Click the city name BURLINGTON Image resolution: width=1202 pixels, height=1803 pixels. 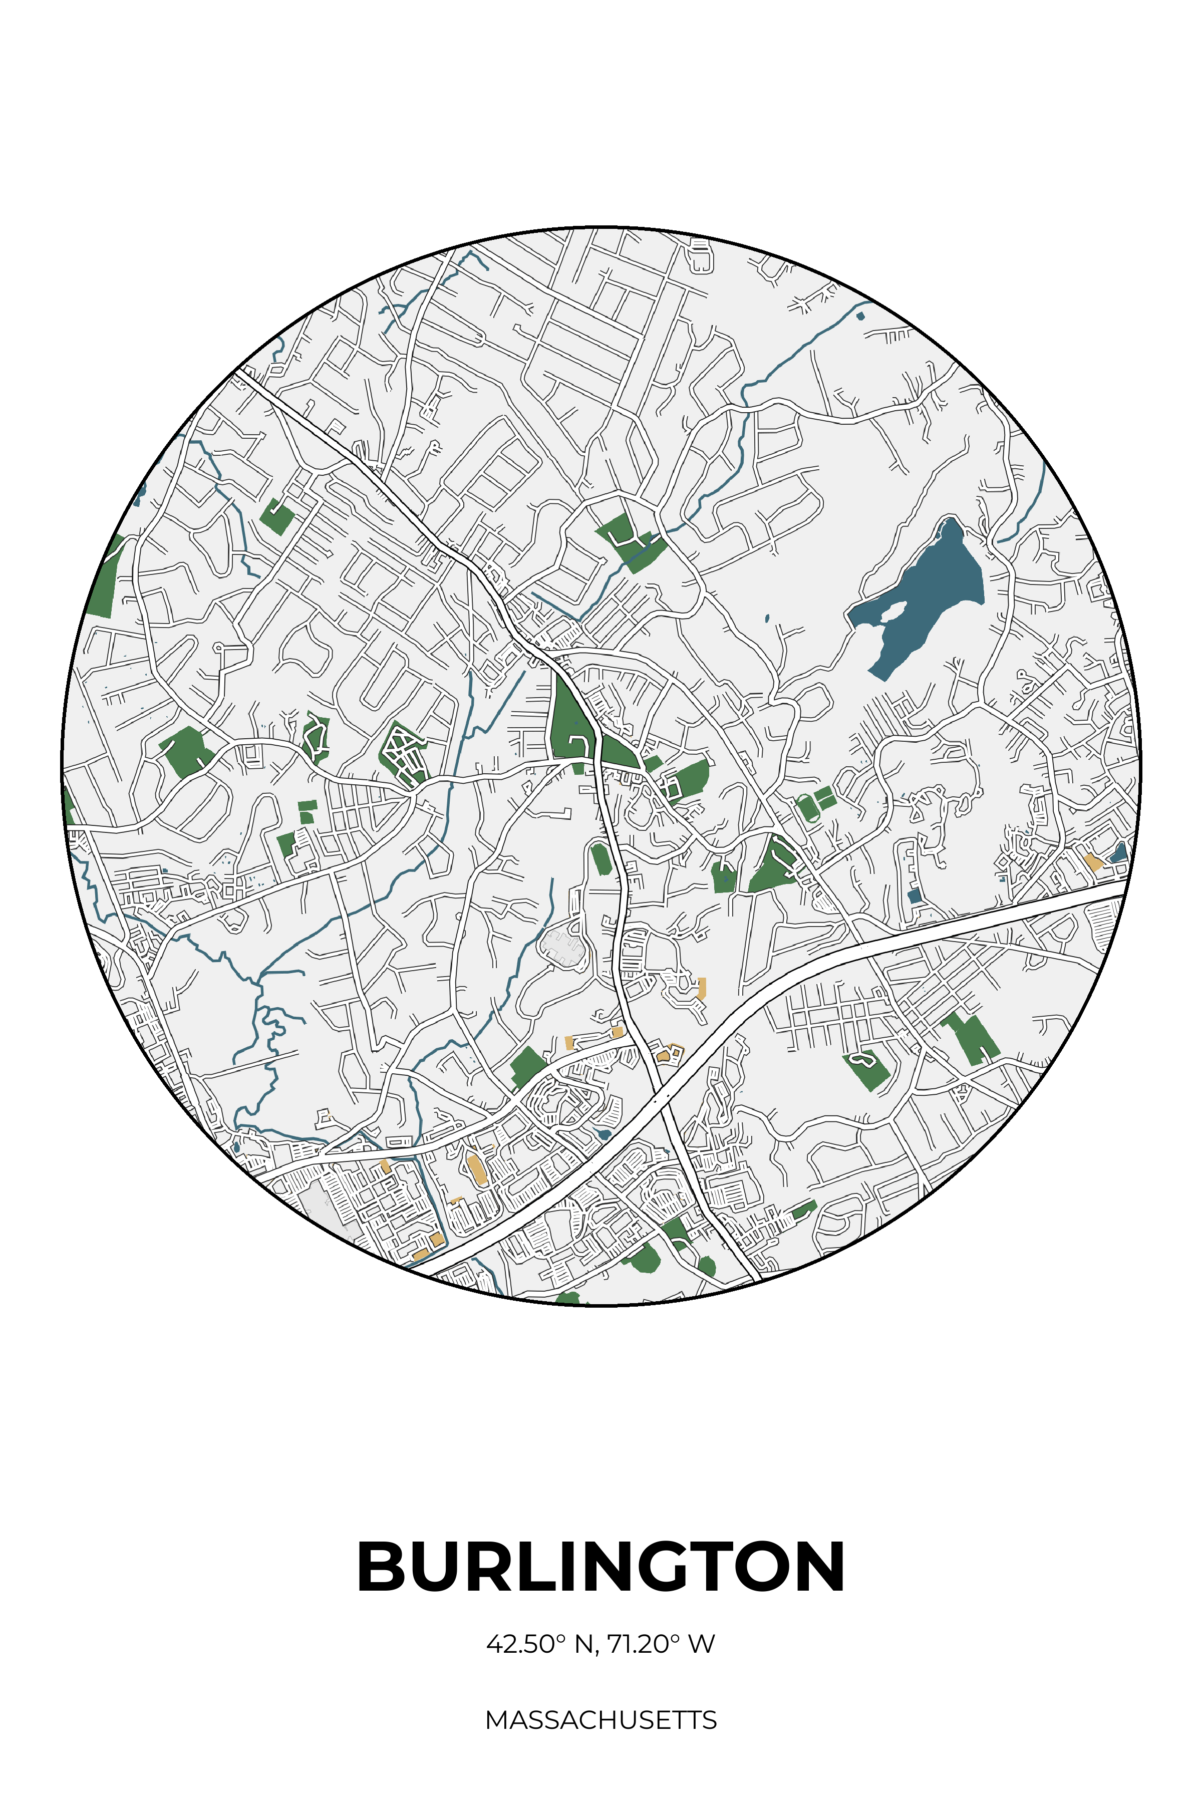point(601,1567)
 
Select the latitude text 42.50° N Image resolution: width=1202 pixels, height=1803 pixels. point(540,1644)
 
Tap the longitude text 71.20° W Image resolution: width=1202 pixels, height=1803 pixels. point(661,1644)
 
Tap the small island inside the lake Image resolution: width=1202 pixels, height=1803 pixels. point(892,612)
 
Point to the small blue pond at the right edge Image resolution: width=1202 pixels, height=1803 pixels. point(1120,852)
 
